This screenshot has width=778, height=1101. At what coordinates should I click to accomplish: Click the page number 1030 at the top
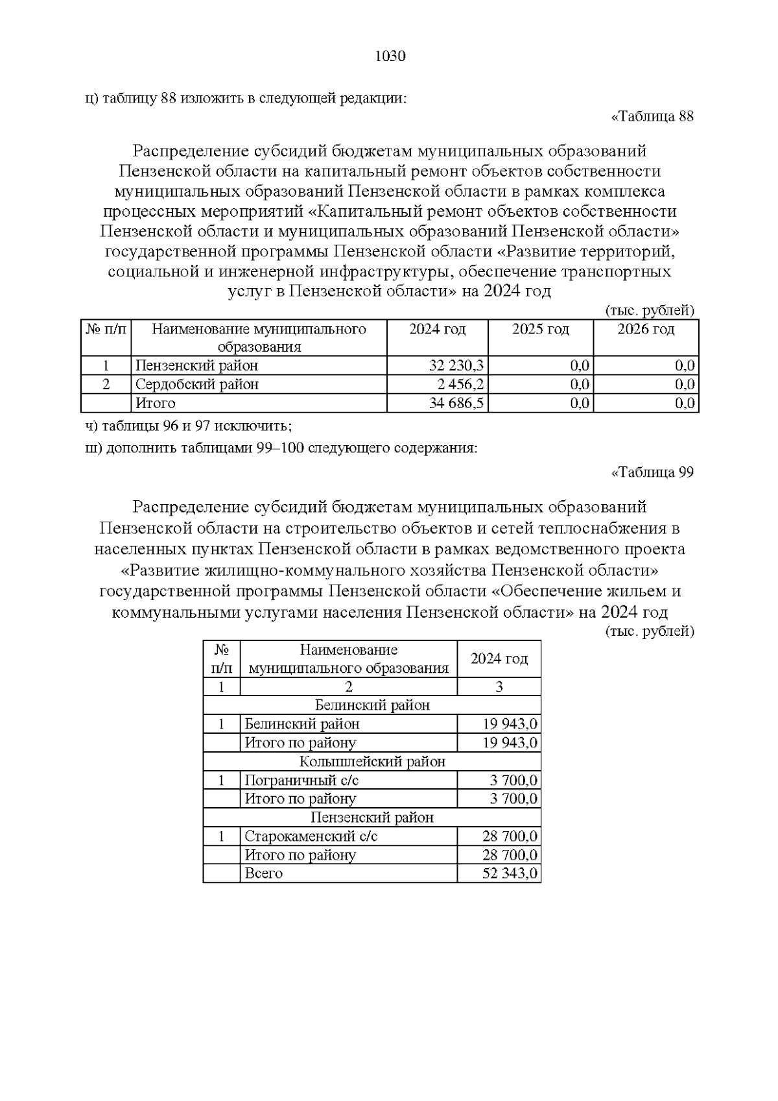(390, 56)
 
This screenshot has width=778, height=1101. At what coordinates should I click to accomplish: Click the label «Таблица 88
(652, 117)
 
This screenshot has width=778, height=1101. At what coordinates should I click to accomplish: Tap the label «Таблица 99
(652, 472)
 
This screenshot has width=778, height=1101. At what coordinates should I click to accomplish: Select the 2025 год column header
(540, 330)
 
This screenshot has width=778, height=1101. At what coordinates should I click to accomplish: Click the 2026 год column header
(645, 330)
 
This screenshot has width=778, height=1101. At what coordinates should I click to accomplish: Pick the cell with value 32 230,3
(456, 365)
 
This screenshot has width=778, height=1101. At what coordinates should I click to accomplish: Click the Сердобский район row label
(197, 384)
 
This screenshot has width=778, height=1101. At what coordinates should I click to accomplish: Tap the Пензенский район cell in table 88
(196, 365)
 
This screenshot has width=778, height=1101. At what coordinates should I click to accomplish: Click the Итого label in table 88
(156, 404)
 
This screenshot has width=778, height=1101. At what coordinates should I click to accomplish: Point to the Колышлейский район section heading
(372, 762)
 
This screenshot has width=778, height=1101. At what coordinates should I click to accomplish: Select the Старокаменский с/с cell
(311, 836)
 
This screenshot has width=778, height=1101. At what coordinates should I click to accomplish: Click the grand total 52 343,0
(510, 873)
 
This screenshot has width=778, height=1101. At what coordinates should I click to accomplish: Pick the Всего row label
(264, 873)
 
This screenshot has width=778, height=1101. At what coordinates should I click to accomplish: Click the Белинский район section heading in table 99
(372, 705)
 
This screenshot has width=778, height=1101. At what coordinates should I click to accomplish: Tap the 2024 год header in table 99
(499, 659)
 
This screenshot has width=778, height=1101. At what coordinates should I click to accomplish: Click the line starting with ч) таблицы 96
(189, 426)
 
